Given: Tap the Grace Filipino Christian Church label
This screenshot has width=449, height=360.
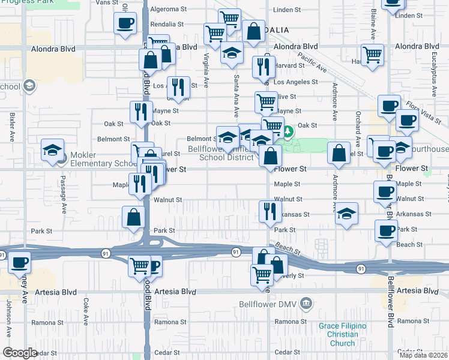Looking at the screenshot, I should coord(343,335).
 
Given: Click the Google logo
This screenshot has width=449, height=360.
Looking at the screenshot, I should coord(20,353).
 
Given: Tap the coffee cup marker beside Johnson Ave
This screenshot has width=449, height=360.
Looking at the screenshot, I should coord(20,262).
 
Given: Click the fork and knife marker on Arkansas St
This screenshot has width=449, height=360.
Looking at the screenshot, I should coord(269,211).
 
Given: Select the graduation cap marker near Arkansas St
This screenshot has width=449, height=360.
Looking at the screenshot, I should coord(346,214).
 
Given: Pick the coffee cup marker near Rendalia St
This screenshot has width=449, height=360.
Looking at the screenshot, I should coord(125,23).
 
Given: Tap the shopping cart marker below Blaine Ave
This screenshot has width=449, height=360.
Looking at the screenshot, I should coord(373,55).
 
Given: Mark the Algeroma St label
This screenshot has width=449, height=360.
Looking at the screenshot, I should coord(164,10).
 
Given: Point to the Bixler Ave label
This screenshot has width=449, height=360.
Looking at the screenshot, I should coord(12,128).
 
